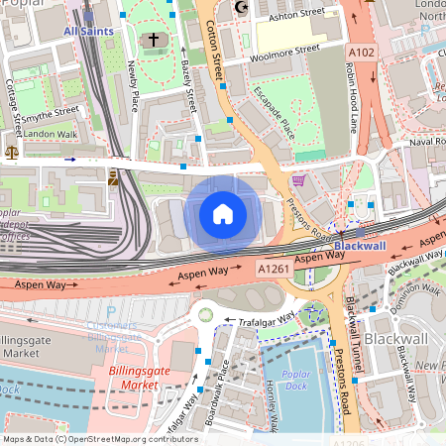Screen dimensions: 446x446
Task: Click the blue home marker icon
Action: (x=223, y=213)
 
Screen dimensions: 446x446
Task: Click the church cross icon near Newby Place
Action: (x=152, y=41)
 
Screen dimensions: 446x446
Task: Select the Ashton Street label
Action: (x=298, y=12)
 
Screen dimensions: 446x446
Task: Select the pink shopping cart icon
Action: (x=298, y=180)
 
